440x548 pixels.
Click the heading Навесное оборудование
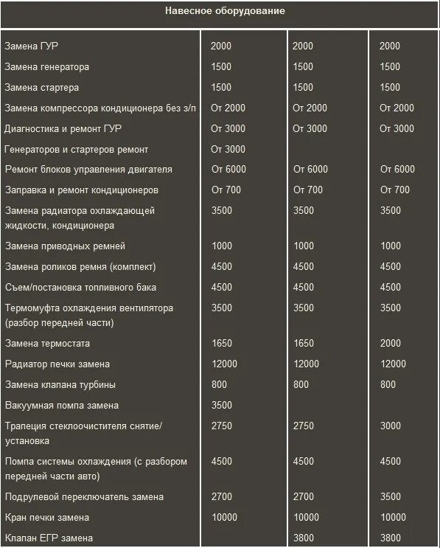click(225, 11)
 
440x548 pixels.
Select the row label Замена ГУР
click(32, 46)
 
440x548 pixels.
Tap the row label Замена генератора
click(47, 66)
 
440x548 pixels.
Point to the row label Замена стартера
click(43, 87)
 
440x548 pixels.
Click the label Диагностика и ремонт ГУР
click(63, 128)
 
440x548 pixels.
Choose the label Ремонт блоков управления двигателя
click(88, 169)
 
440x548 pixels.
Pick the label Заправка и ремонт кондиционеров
click(81, 190)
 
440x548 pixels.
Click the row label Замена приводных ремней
click(65, 246)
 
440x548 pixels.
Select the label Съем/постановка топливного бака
click(80, 287)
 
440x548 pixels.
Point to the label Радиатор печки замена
click(57, 364)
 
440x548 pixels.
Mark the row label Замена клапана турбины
click(60, 384)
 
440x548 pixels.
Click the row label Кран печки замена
click(47, 517)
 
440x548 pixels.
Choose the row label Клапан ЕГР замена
click(49, 538)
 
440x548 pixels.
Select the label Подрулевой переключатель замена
click(84, 496)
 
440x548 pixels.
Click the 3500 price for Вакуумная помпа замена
click(222, 405)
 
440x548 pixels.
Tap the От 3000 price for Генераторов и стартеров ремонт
click(228, 149)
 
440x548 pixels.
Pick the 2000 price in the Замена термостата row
click(390, 343)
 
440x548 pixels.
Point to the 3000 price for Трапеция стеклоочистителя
click(390, 426)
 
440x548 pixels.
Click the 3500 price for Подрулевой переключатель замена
click(390, 496)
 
